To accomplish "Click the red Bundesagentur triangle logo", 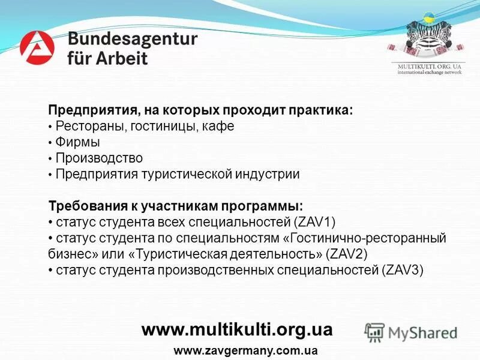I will click(x=37, y=47).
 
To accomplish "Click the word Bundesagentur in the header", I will click(x=133, y=39).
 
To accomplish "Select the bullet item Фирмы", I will click(x=77, y=143).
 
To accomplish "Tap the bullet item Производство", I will click(x=99, y=158).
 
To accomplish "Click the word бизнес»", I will click(x=70, y=254).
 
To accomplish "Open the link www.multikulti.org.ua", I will click(x=236, y=329).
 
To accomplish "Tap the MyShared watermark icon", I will click(x=374, y=332).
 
